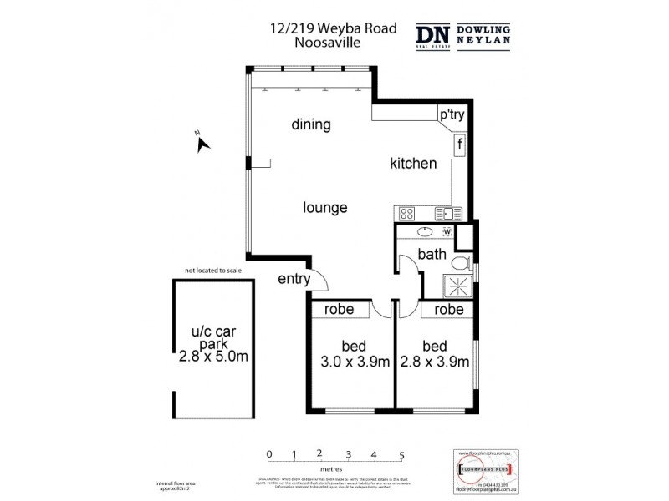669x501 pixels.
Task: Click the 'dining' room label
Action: pos(311,125)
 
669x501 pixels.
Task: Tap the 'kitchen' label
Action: pos(413,164)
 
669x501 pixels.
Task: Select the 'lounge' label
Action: pos(324,208)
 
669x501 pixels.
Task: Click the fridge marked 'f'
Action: pos(460,145)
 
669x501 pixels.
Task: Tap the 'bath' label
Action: pos(432,256)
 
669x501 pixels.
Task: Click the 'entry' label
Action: pos(294,279)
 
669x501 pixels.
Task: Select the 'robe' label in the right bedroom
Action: pos(449,309)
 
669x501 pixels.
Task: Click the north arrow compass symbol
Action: pos(202,144)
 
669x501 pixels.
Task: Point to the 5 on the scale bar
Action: pos(402,455)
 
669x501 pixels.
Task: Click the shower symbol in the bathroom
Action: pos(457,284)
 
